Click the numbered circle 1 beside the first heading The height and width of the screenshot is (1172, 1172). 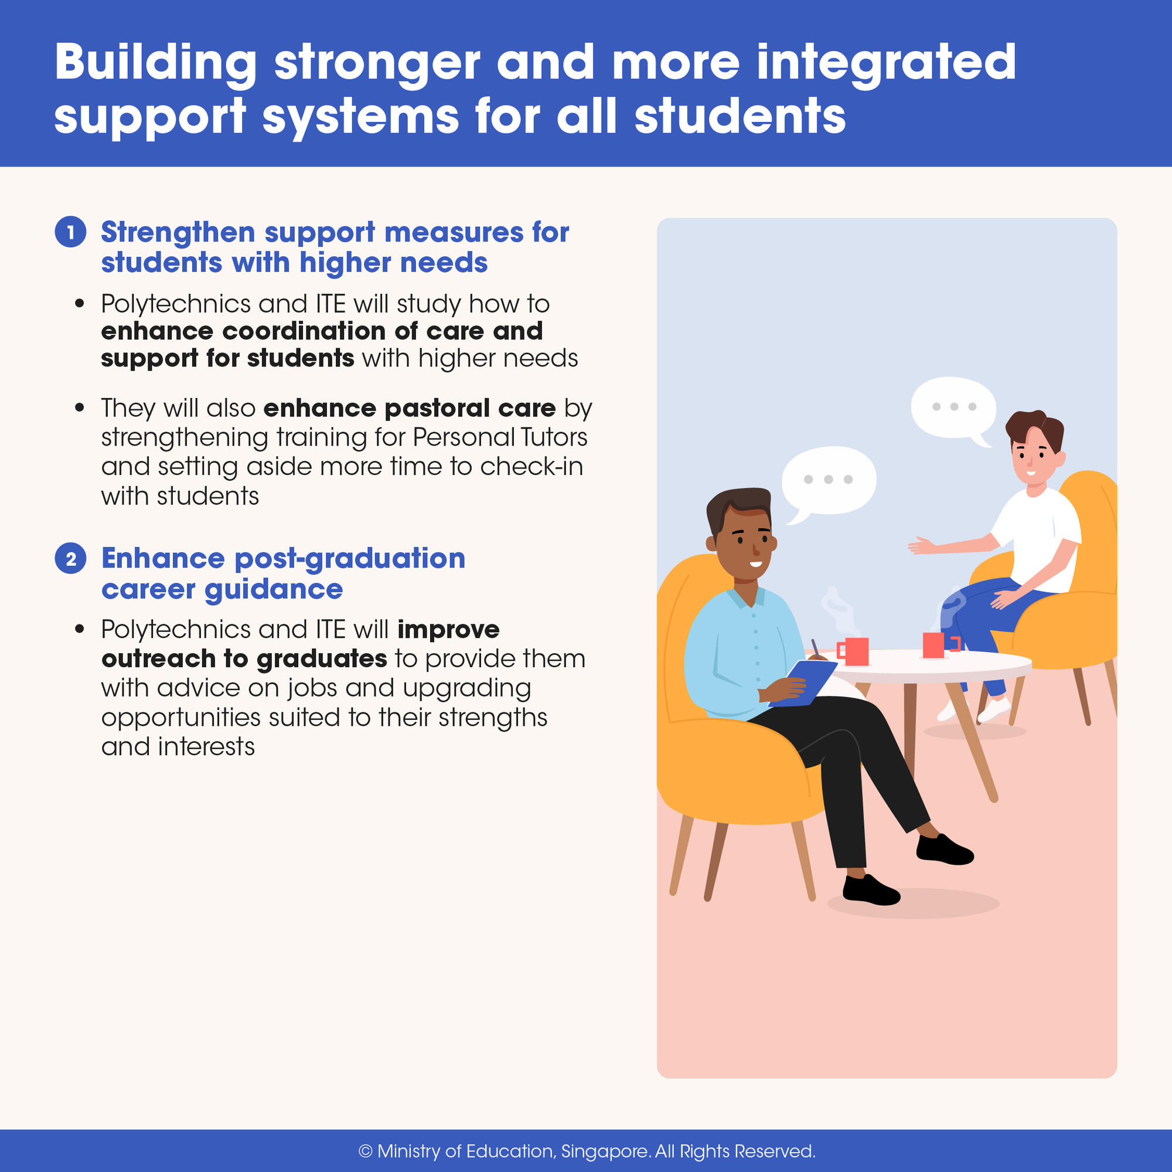click(x=70, y=232)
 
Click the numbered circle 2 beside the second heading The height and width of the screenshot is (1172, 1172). click(x=70, y=558)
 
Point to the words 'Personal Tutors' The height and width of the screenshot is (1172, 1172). click(x=500, y=437)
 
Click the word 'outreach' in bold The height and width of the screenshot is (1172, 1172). click(x=158, y=659)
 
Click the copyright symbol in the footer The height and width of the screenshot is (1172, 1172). click(x=365, y=1151)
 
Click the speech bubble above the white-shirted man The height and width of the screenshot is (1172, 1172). click(x=953, y=408)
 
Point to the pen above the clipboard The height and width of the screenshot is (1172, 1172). click(x=815, y=647)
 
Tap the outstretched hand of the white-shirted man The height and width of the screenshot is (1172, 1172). click(x=919, y=546)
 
